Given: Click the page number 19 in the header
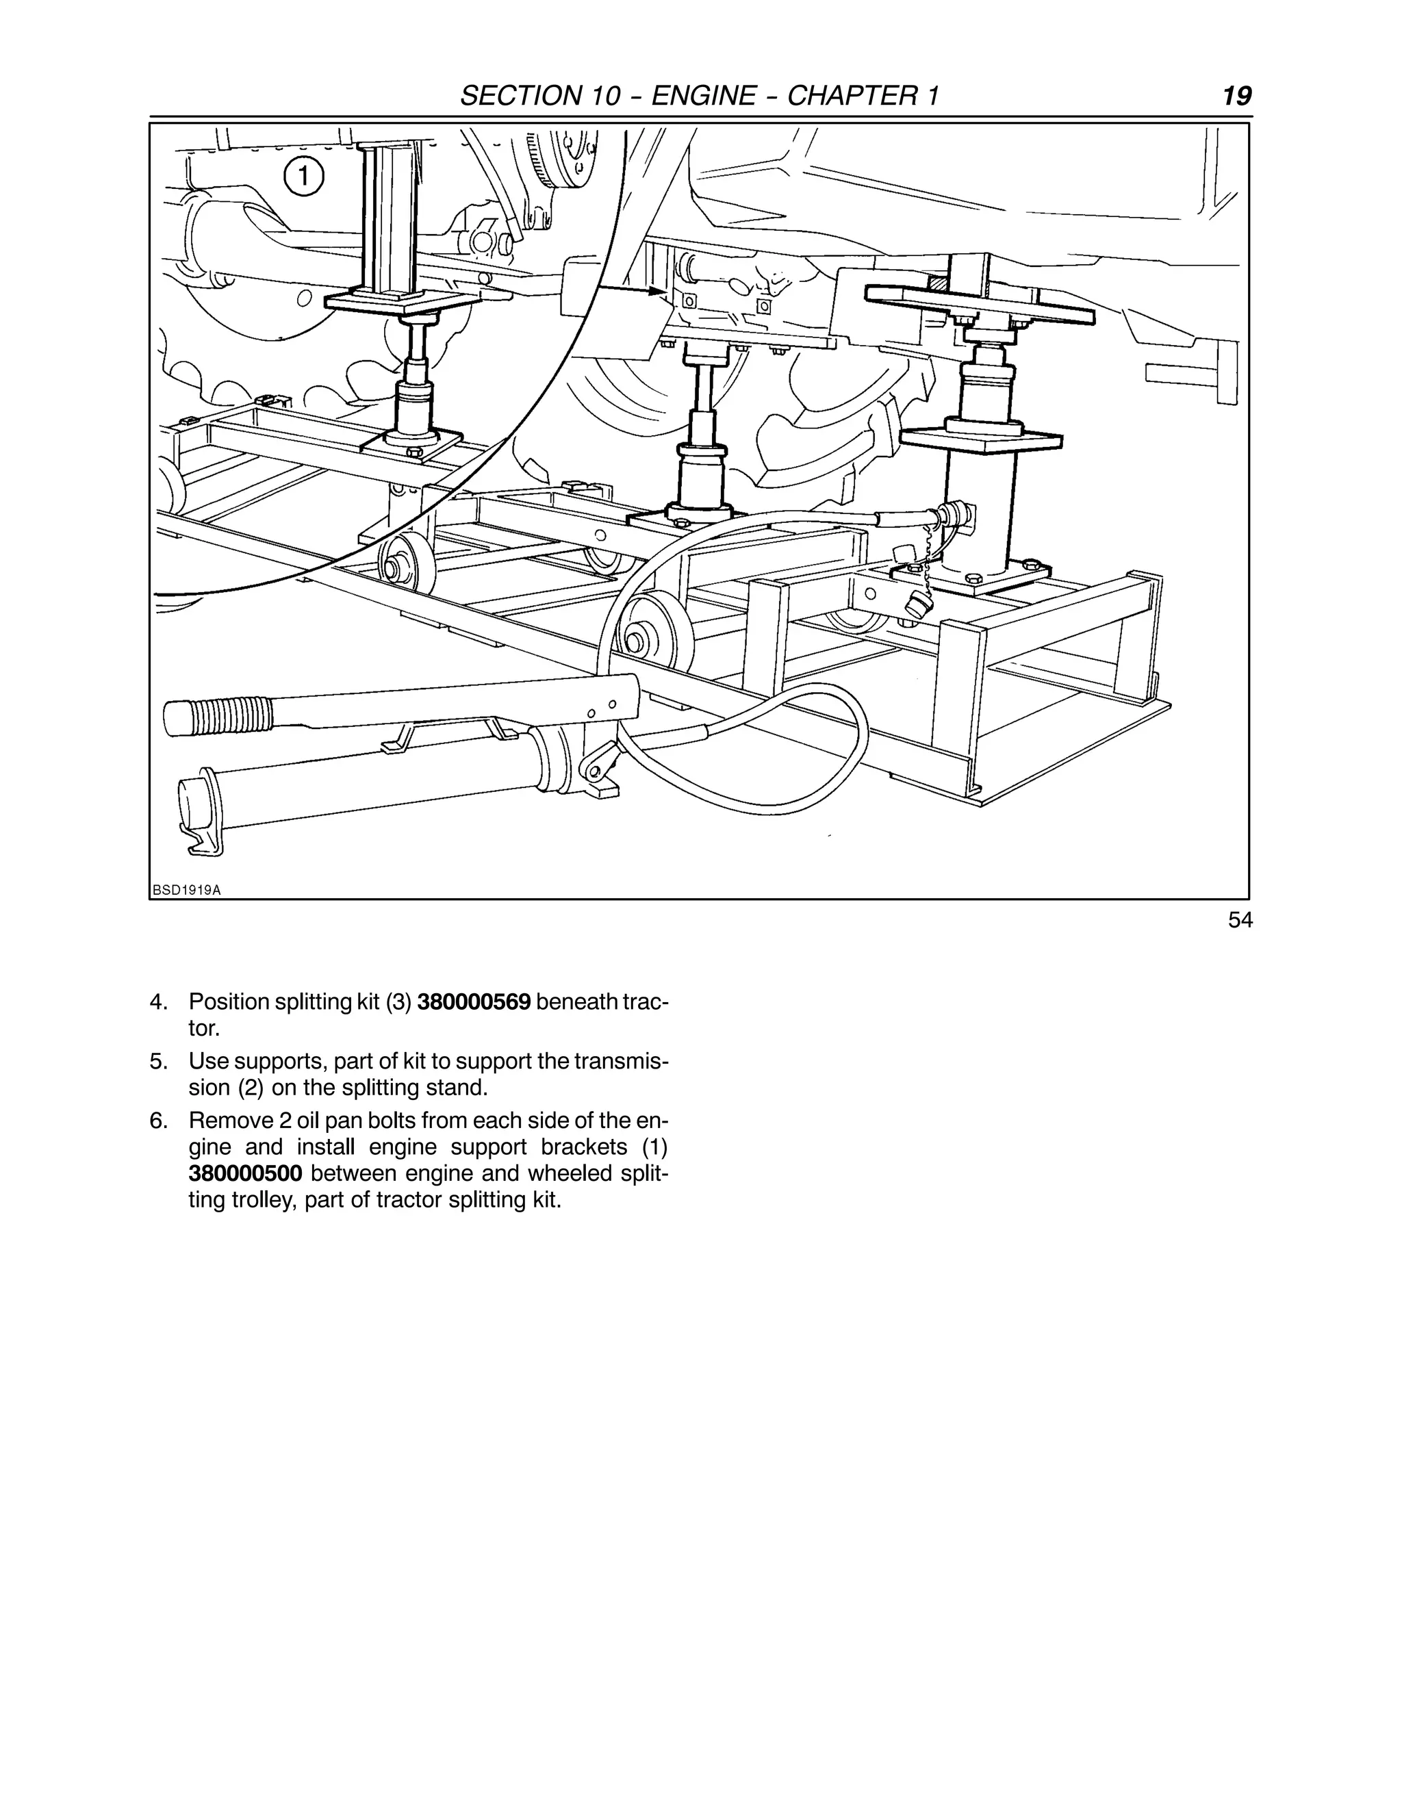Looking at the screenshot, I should (x=1237, y=97).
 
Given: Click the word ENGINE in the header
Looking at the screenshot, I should (x=702, y=97).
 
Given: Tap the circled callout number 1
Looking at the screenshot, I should (x=303, y=176).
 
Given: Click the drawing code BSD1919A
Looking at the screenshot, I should (x=187, y=891).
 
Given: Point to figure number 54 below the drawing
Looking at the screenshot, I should (x=1239, y=920).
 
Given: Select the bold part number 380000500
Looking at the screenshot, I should (x=245, y=1173).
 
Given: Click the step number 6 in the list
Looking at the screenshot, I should (x=158, y=1121).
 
